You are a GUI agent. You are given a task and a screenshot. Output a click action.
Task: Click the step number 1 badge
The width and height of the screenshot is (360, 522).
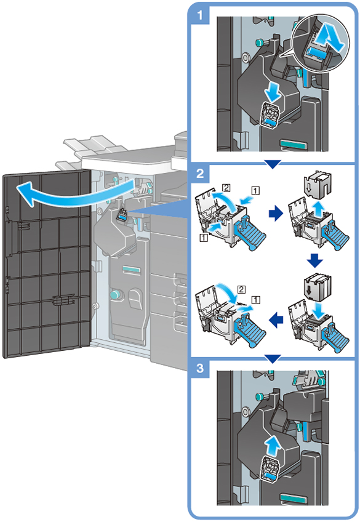199,15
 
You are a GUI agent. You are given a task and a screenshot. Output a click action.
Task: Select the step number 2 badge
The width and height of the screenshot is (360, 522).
199,173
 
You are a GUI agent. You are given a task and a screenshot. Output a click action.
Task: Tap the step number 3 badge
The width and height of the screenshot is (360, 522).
199,369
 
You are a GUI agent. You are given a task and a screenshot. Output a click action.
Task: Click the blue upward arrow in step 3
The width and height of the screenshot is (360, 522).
273,446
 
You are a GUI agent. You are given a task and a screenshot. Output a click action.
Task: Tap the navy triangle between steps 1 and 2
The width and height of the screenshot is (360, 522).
273,164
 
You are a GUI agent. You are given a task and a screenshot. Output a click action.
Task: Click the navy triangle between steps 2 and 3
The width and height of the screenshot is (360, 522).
273,359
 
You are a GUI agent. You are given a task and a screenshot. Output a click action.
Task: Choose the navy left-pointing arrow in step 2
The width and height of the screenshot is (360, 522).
276,320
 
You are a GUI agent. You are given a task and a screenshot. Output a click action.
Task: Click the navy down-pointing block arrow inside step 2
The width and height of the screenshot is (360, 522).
314,260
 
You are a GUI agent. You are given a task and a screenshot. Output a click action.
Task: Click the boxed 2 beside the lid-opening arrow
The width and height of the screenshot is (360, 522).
226,188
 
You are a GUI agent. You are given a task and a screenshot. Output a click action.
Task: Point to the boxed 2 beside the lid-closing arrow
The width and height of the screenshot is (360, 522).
242,289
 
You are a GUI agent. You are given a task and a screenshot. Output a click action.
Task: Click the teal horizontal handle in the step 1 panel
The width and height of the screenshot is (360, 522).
294,143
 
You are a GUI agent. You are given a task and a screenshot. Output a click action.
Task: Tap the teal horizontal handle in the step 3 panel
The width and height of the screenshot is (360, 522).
294,499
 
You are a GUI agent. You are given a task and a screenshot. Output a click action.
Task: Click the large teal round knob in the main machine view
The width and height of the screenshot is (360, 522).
115,294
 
